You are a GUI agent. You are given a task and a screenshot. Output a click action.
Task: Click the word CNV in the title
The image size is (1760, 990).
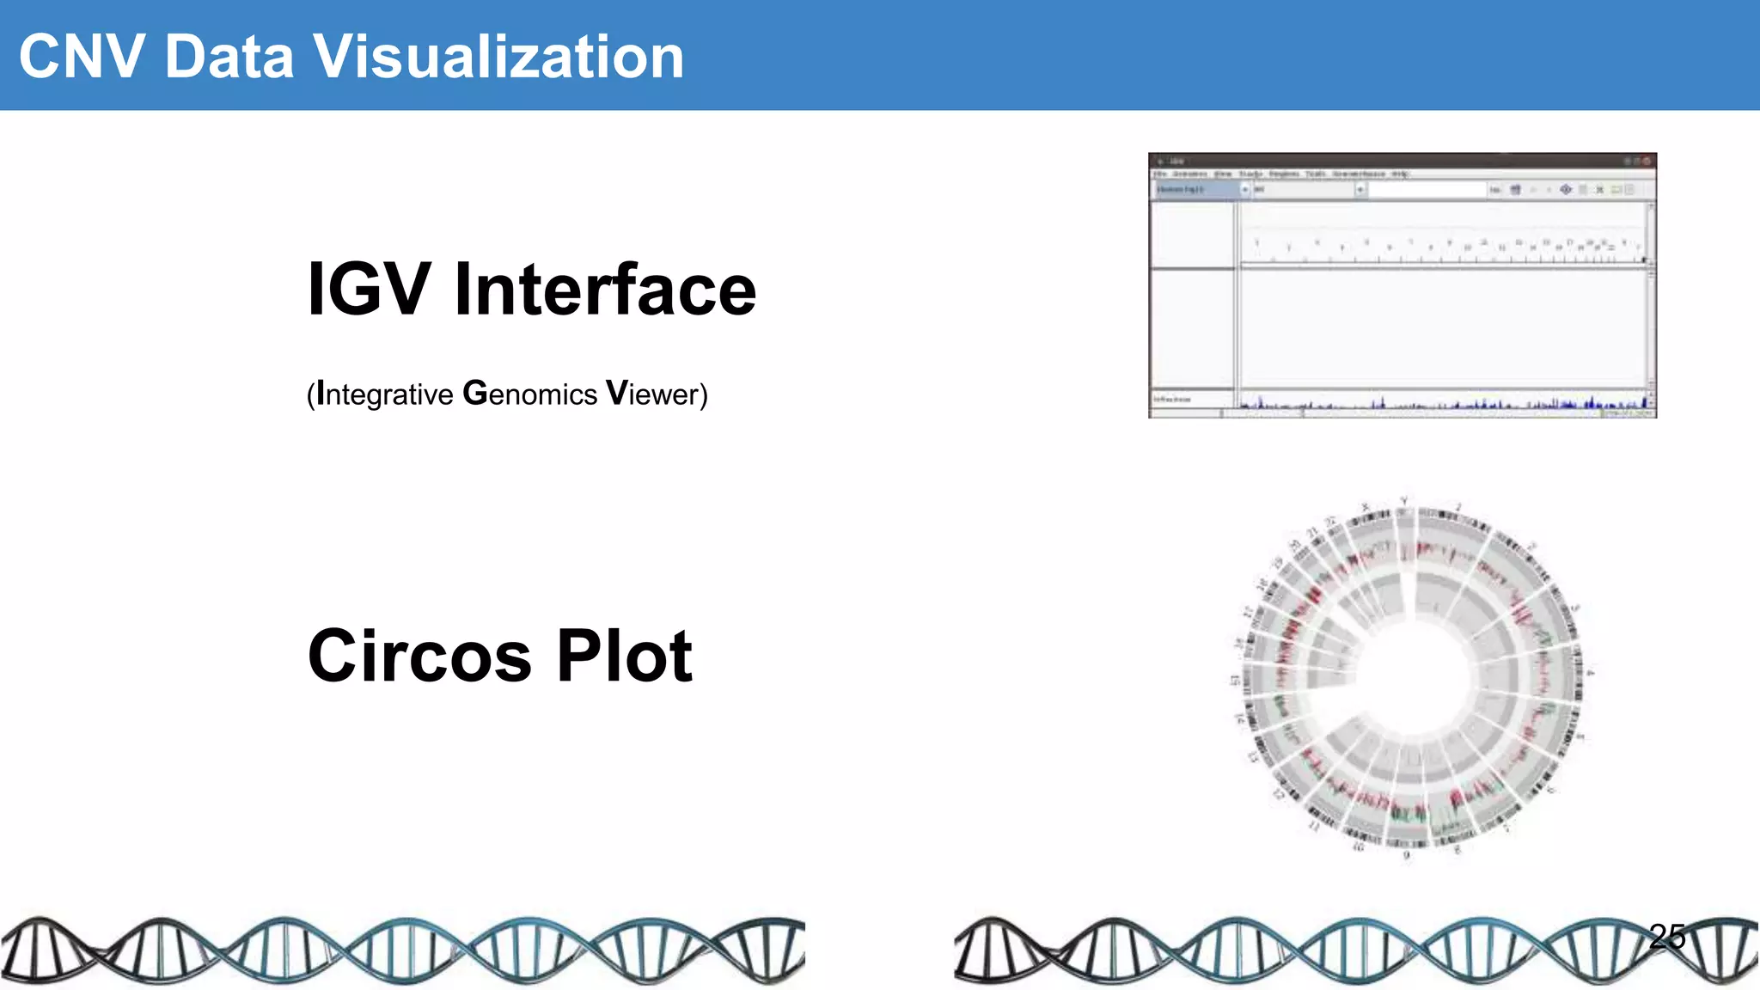click(x=82, y=57)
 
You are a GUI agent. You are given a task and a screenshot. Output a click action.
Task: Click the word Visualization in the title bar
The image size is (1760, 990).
click(x=498, y=57)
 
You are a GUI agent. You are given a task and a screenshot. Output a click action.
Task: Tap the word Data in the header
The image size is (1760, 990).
click(x=229, y=57)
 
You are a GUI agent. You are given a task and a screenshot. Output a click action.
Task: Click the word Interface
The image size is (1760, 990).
click(x=605, y=290)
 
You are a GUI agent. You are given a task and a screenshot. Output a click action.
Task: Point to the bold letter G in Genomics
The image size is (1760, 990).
click(x=474, y=393)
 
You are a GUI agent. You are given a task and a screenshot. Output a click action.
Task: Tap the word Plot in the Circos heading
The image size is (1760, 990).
click(x=624, y=656)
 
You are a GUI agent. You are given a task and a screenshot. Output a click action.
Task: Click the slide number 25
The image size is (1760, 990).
click(x=1667, y=936)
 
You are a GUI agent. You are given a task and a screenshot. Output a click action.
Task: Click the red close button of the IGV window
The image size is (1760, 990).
click(x=1647, y=161)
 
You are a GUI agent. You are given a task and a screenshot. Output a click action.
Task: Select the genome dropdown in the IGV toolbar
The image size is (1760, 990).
click(x=1200, y=189)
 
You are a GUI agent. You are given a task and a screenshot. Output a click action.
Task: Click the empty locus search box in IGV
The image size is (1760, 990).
click(x=1427, y=189)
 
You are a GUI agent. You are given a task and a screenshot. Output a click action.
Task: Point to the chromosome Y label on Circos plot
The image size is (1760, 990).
click(x=1404, y=501)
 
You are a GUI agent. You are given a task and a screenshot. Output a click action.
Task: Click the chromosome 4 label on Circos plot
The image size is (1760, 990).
click(x=1590, y=673)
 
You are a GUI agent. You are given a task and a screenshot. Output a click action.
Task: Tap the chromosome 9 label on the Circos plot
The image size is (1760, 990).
click(x=1407, y=855)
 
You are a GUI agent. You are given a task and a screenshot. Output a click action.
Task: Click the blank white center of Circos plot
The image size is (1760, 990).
click(x=1409, y=679)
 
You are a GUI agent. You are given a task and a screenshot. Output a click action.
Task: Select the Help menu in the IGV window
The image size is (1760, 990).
click(x=1400, y=174)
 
